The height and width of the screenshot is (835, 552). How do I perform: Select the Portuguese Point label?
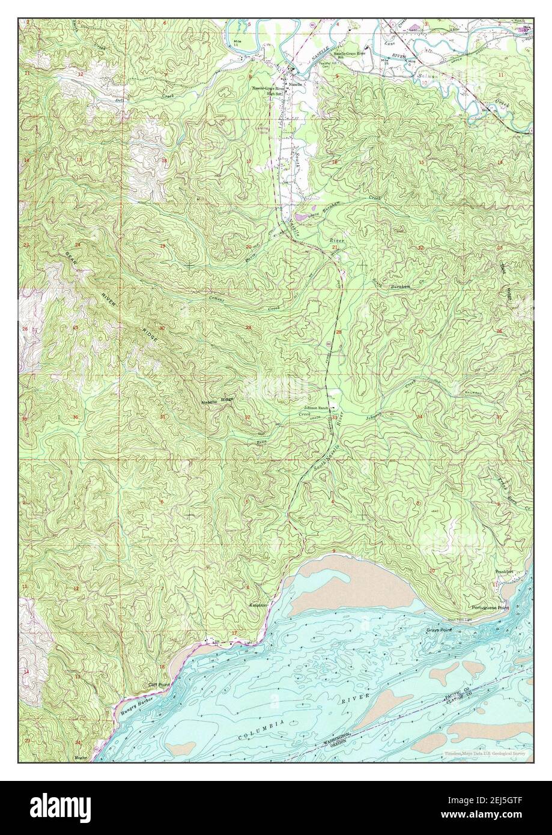tap(490, 608)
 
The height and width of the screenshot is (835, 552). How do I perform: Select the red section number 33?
tap(335, 418)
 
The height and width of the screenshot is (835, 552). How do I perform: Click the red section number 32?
tap(247, 416)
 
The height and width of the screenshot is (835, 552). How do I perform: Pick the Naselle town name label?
tap(293, 84)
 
